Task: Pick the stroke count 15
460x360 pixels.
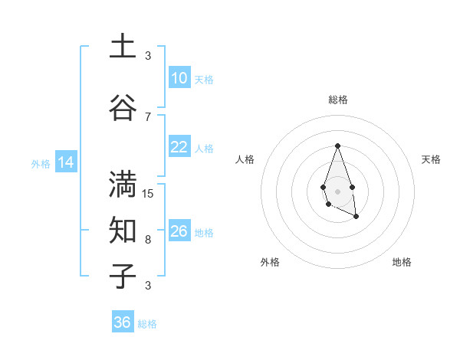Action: tap(148, 194)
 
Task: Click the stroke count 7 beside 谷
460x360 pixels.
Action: tap(148, 116)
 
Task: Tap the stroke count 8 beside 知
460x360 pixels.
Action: tap(148, 240)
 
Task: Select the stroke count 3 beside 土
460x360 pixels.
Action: tap(148, 56)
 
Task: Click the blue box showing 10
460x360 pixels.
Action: tap(179, 78)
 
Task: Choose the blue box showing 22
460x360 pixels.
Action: tap(179, 147)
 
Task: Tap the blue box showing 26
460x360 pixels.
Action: tap(179, 231)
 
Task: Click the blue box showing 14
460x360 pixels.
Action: tap(65, 162)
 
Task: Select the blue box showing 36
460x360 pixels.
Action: tap(123, 322)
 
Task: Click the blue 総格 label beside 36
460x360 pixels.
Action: tap(147, 324)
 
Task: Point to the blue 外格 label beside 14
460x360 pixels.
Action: tap(41, 164)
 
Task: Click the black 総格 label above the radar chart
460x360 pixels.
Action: tap(337, 100)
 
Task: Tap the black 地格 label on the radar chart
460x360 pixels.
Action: tap(402, 262)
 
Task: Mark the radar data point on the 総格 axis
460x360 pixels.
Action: tap(337, 146)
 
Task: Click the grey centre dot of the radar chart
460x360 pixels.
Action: tap(337, 190)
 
